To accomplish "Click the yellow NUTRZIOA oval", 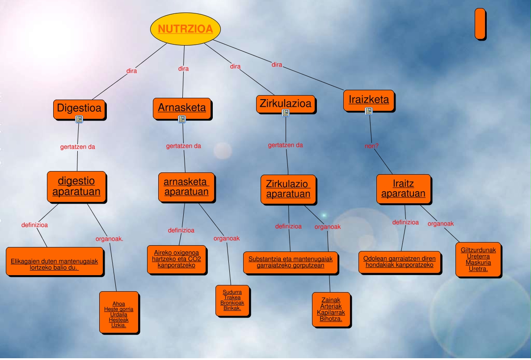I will [x=185, y=29].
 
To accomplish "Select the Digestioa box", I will [x=79, y=108].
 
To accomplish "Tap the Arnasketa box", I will [x=182, y=108].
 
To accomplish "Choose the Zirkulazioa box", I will [x=286, y=104].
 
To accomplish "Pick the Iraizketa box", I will [x=368, y=100].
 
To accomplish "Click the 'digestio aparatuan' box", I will [x=76, y=187].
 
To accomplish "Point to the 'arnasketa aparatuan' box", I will [x=186, y=187].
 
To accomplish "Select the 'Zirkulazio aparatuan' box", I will [x=288, y=189].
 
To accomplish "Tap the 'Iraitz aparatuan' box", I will [x=403, y=189].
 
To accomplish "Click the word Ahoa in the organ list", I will [x=119, y=304].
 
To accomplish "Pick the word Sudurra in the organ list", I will [x=232, y=292].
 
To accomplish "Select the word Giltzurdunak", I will [x=478, y=250].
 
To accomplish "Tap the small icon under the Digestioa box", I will [x=79, y=119].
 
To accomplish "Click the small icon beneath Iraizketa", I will [x=369, y=111].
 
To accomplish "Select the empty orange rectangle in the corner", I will [x=480, y=23].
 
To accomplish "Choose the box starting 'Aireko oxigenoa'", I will [x=177, y=260].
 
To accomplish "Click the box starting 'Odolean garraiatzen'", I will [x=399, y=262].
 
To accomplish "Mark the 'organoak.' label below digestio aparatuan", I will [x=109, y=239].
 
